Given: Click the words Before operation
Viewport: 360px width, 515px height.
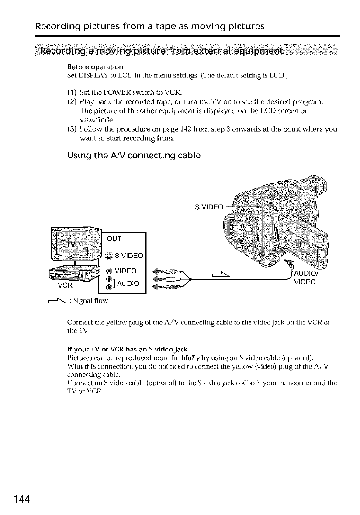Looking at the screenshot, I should tap(95, 67).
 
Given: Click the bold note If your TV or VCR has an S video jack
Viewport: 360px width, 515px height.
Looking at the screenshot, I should tap(127, 349).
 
